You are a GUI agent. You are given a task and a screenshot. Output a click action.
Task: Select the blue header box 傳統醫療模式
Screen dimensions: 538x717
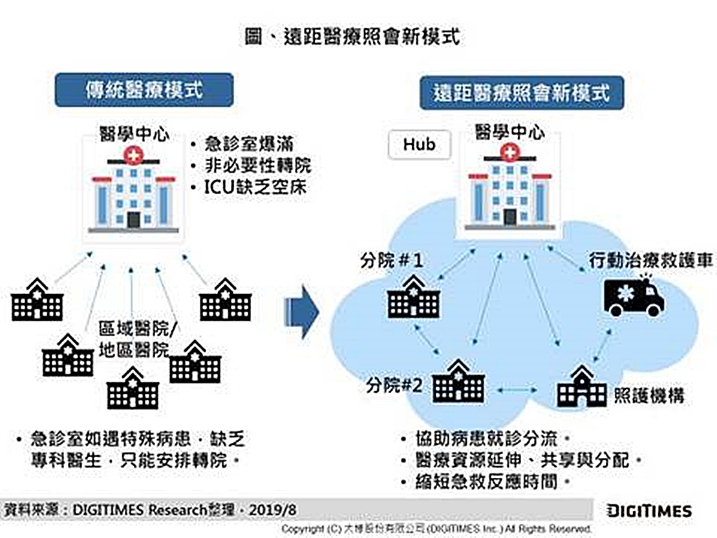(x=144, y=90)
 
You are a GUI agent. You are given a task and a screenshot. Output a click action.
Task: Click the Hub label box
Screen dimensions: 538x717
(x=419, y=144)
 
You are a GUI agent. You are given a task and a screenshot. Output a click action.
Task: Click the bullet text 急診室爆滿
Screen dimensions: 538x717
(x=249, y=143)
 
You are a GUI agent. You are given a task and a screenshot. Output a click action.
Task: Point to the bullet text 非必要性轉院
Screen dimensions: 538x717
(x=258, y=166)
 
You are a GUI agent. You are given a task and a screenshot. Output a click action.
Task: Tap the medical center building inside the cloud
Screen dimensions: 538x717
(x=510, y=188)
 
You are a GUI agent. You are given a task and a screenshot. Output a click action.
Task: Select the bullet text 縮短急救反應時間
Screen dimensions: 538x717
(x=486, y=482)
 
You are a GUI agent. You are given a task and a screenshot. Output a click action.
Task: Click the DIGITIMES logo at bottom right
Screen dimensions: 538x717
(x=649, y=511)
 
